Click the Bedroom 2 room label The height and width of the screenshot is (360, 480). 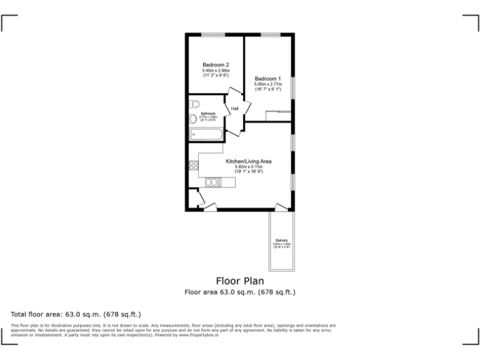pyautogui.click(x=215, y=64)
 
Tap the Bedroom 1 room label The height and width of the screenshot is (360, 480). pyautogui.click(x=267, y=78)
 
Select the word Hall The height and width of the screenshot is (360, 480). pyautogui.click(x=235, y=109)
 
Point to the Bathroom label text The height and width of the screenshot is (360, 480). pyautogui.click(x=208, y=113)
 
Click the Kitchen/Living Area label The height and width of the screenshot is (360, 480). pyautogui.click(x=248, y=161)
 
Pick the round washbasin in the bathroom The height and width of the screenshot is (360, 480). pyautogui.click(x=192, y=119)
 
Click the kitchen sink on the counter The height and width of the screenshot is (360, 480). pyautogui.click(x=213, y=182)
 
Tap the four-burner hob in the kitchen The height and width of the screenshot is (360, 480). pyautogui.click(x=193, y=166)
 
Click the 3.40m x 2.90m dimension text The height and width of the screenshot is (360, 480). pyautogui.click(x=216, y=71)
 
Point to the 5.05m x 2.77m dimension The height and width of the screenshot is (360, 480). pyautogui.click(x=267, y=84)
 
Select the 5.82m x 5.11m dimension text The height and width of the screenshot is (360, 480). pyautogui.click(x=248, y=167)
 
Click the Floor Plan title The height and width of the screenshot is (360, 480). pyautogui.click(x=240, y=281)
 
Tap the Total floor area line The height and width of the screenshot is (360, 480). pyautogui.click(x=76, y=314)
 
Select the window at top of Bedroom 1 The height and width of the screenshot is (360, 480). pyautogui.click(x=270, y=34)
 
